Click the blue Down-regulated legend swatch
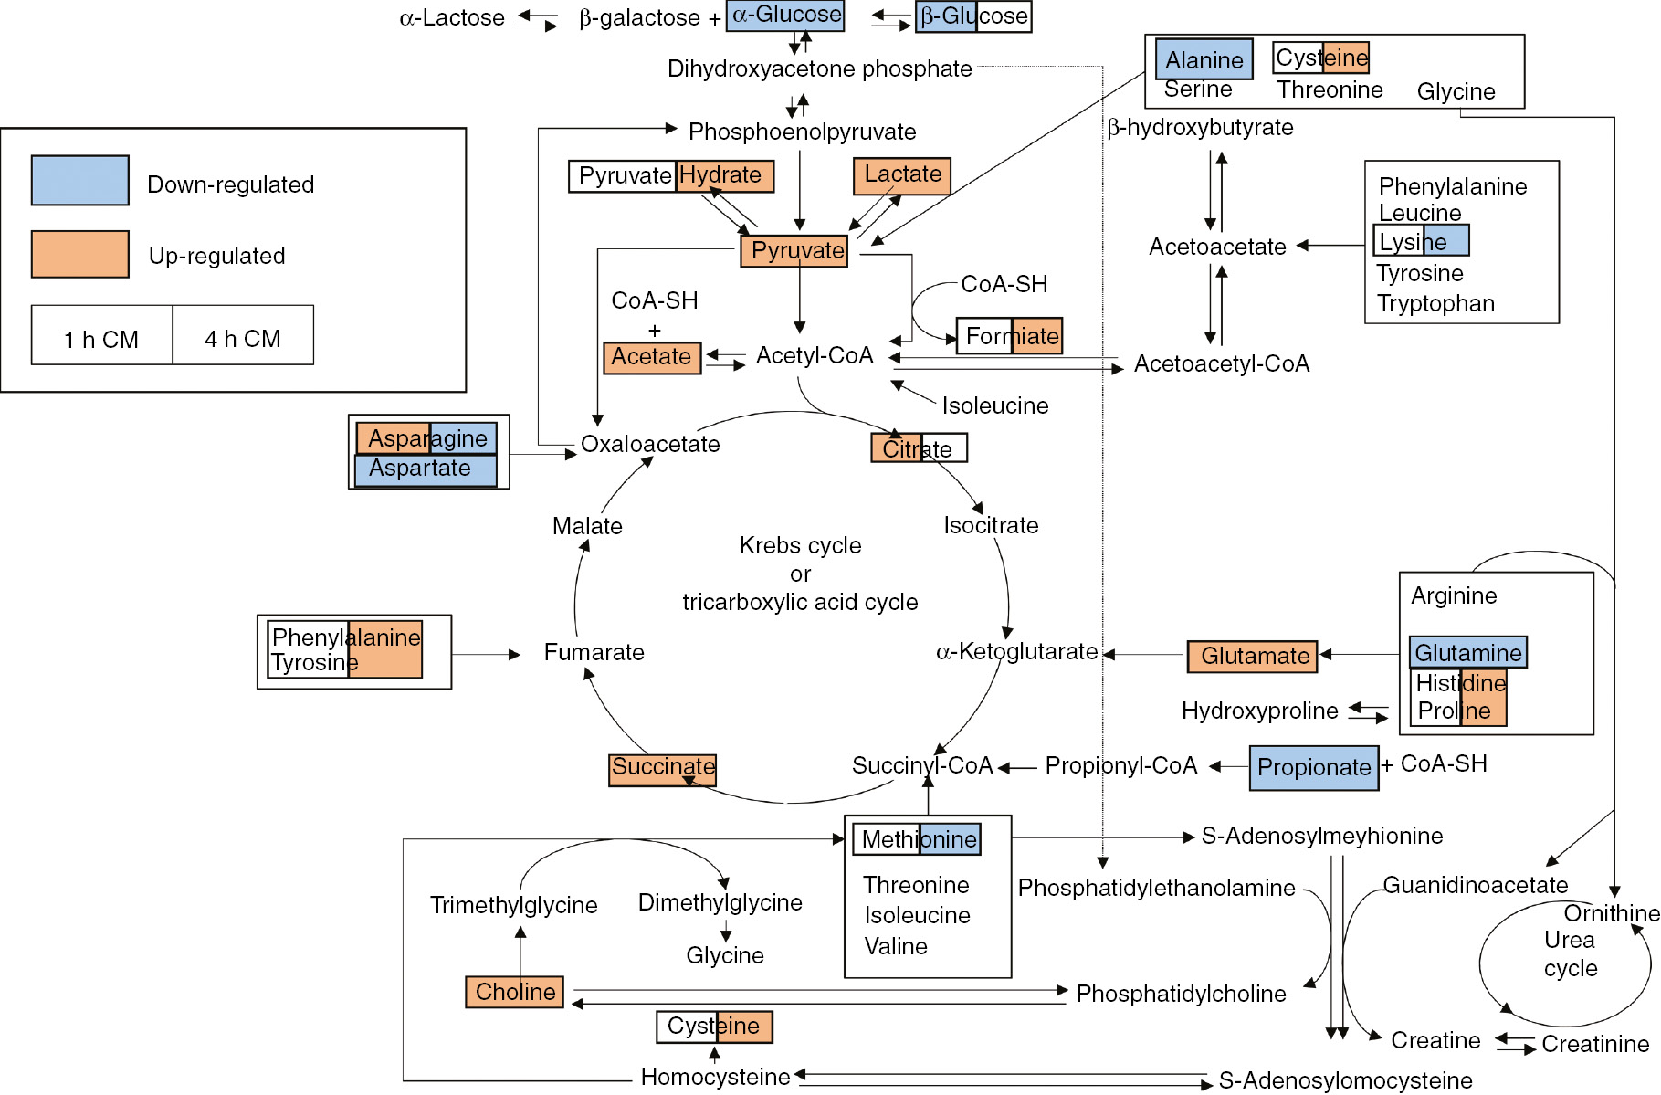(x=79, y=180)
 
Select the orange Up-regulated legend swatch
(x=79, y=254)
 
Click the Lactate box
(x=901, y=175)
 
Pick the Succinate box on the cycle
(x=662, y=768)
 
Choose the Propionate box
(x=1313, y=768)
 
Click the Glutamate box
(x=1252, y=656)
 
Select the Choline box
(x=514, y=992)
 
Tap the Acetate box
(x=651, y=357)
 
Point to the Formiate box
(x=1010, y=336)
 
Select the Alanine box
(x=1204, y=60)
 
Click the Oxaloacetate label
(x=650, y=445)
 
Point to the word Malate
(x=587, y=526)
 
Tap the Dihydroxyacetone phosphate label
(x=819, y=69)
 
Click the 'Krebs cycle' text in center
(x=800, y=545)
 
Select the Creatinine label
(x=1594, y=1044)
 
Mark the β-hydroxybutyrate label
(x=1200, y=128)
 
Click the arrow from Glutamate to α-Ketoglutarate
(x=1143, y=655)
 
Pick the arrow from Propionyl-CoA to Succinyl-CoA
(x=1017, y=768)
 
